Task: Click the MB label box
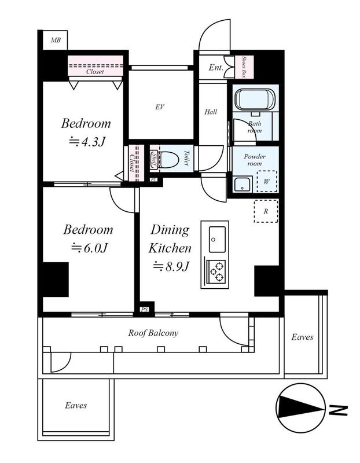click(55, 40)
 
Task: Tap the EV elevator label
click(160, 107)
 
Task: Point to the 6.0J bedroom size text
click(89, 248)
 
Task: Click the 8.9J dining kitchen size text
click(171, 267)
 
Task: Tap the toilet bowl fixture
click(168, 159)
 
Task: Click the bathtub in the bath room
click(255, 100)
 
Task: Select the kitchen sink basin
click(218, 240)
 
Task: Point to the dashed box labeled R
click(266, 211)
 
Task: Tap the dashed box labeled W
click(266, 182)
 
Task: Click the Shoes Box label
click(244, 67)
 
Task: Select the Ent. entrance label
click(216, 68)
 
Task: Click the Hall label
click(211, 112)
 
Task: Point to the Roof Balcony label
click(153, 333)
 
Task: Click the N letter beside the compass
click(338, 410)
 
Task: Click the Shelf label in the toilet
click(155, 160)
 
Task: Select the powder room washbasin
click(243, 185)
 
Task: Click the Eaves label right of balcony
click(302, 337)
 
